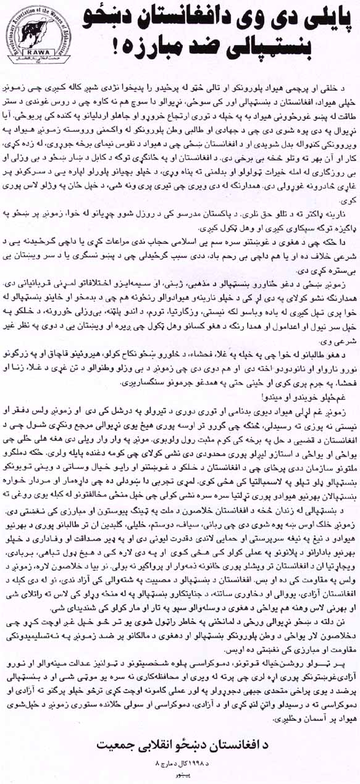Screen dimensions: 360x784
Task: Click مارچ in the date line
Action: tap(168, 764)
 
